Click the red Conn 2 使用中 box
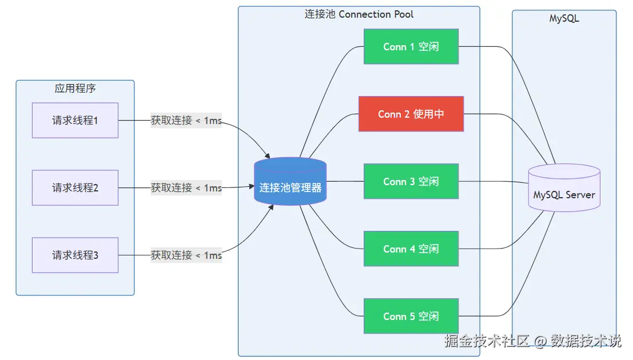click(411, 114)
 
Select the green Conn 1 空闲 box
click(411, 46)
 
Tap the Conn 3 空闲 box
click(411, 181)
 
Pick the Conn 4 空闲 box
click(411, 249)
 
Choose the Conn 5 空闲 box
click(411, 316)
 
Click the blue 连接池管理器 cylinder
click(290, 181)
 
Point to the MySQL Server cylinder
click(564, 187)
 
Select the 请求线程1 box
click(75, 120)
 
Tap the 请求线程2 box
click(75, 187)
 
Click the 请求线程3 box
click(75, 255)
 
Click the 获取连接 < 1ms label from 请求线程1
click(186, 120)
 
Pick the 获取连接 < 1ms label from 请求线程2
click(186, 187)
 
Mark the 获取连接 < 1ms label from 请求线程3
click(186, 255)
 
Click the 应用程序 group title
click(75, 88)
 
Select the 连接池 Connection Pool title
click(359, 14)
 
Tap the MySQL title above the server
click(564, 18)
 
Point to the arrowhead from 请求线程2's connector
click(251, 186)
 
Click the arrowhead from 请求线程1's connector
click(267, 156)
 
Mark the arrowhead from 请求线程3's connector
click(271, 207)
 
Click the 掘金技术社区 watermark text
click(487, 341)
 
